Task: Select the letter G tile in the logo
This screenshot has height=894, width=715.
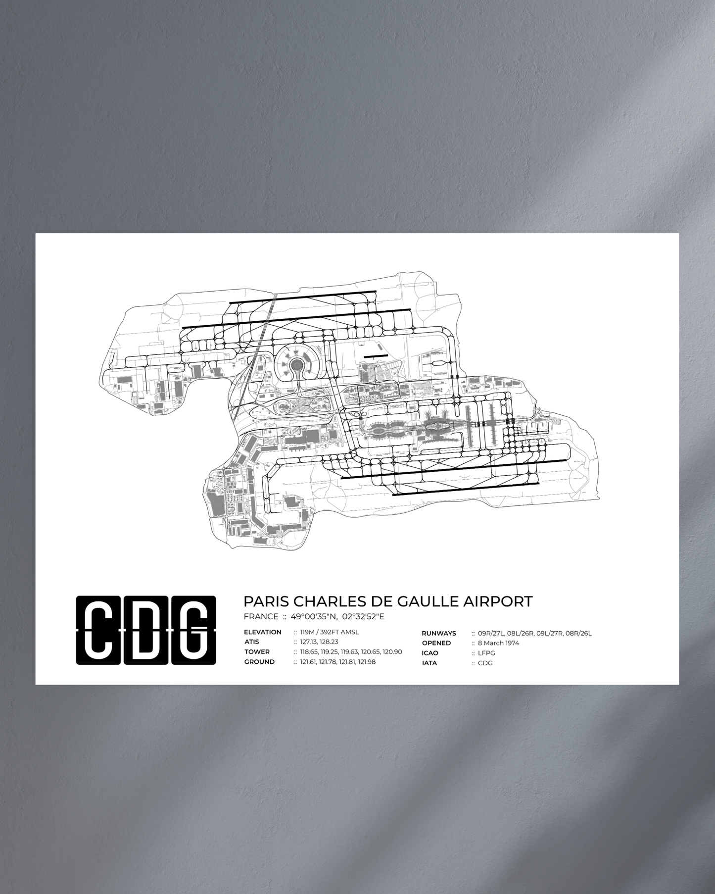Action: pyautogui.click(x=193, y=630)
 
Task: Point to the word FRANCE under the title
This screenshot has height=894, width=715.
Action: pyautogui.click(x=261, y=616)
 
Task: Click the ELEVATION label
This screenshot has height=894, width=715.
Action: pyautogui.click(x=263, y=632)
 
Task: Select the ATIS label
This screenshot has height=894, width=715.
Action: pyautogui.click(x=252, y=642)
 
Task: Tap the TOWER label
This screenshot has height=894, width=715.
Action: pyautogui.click(x=257, y=652)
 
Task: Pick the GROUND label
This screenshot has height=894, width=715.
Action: pyautogui.click(x=259, y=662)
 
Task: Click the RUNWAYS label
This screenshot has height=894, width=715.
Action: pyautogui.click(x=439, y=633)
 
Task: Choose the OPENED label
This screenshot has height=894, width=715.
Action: pyautogui.click(x=436, y=643)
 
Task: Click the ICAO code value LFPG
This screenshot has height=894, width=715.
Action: pyautogui.click(x=486, y=653)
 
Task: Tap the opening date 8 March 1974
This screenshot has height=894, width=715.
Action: pyautogui.click(x=498, y=643)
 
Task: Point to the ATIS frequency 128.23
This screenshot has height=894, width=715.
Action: pyautogui.click(x=329, y=642)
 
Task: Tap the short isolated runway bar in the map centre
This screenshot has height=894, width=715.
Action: pyautogui.click(x=375, y=356)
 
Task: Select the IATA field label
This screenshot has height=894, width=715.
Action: pyautogui.click(x=429, y=663)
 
